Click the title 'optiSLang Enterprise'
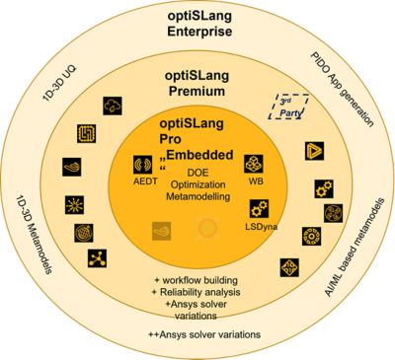(x=197, y=22)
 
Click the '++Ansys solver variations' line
(x=198, y=335)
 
